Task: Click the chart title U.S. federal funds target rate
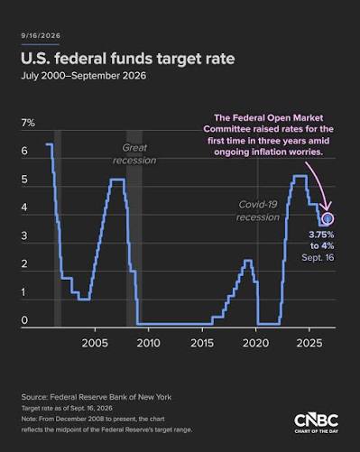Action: tap(128, 59)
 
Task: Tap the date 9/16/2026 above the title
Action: tap(41, 35)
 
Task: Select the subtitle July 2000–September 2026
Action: tap(84, 76)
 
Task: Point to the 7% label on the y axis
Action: tap(28, 123)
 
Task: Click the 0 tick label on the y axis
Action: tap(24, 320)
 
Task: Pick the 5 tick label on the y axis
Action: tap(24, 180)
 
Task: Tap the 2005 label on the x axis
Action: tap(95, 343)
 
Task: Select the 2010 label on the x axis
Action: tap(149, 343)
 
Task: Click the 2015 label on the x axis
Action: tap(202, 343)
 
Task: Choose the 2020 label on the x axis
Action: tap(255, 343)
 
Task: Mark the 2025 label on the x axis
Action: tap(309, 343)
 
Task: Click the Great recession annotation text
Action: tap(134, 154)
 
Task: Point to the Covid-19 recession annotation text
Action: tap(258, 211)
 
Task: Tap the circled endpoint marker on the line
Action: tap(328, 218)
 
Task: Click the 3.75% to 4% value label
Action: tap(321, 240)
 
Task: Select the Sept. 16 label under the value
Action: tap(318, 258)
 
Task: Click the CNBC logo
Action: tap(317, 423)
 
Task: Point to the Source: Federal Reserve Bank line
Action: tap(97, 397)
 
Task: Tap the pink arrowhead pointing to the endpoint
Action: tap(327, 206)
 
